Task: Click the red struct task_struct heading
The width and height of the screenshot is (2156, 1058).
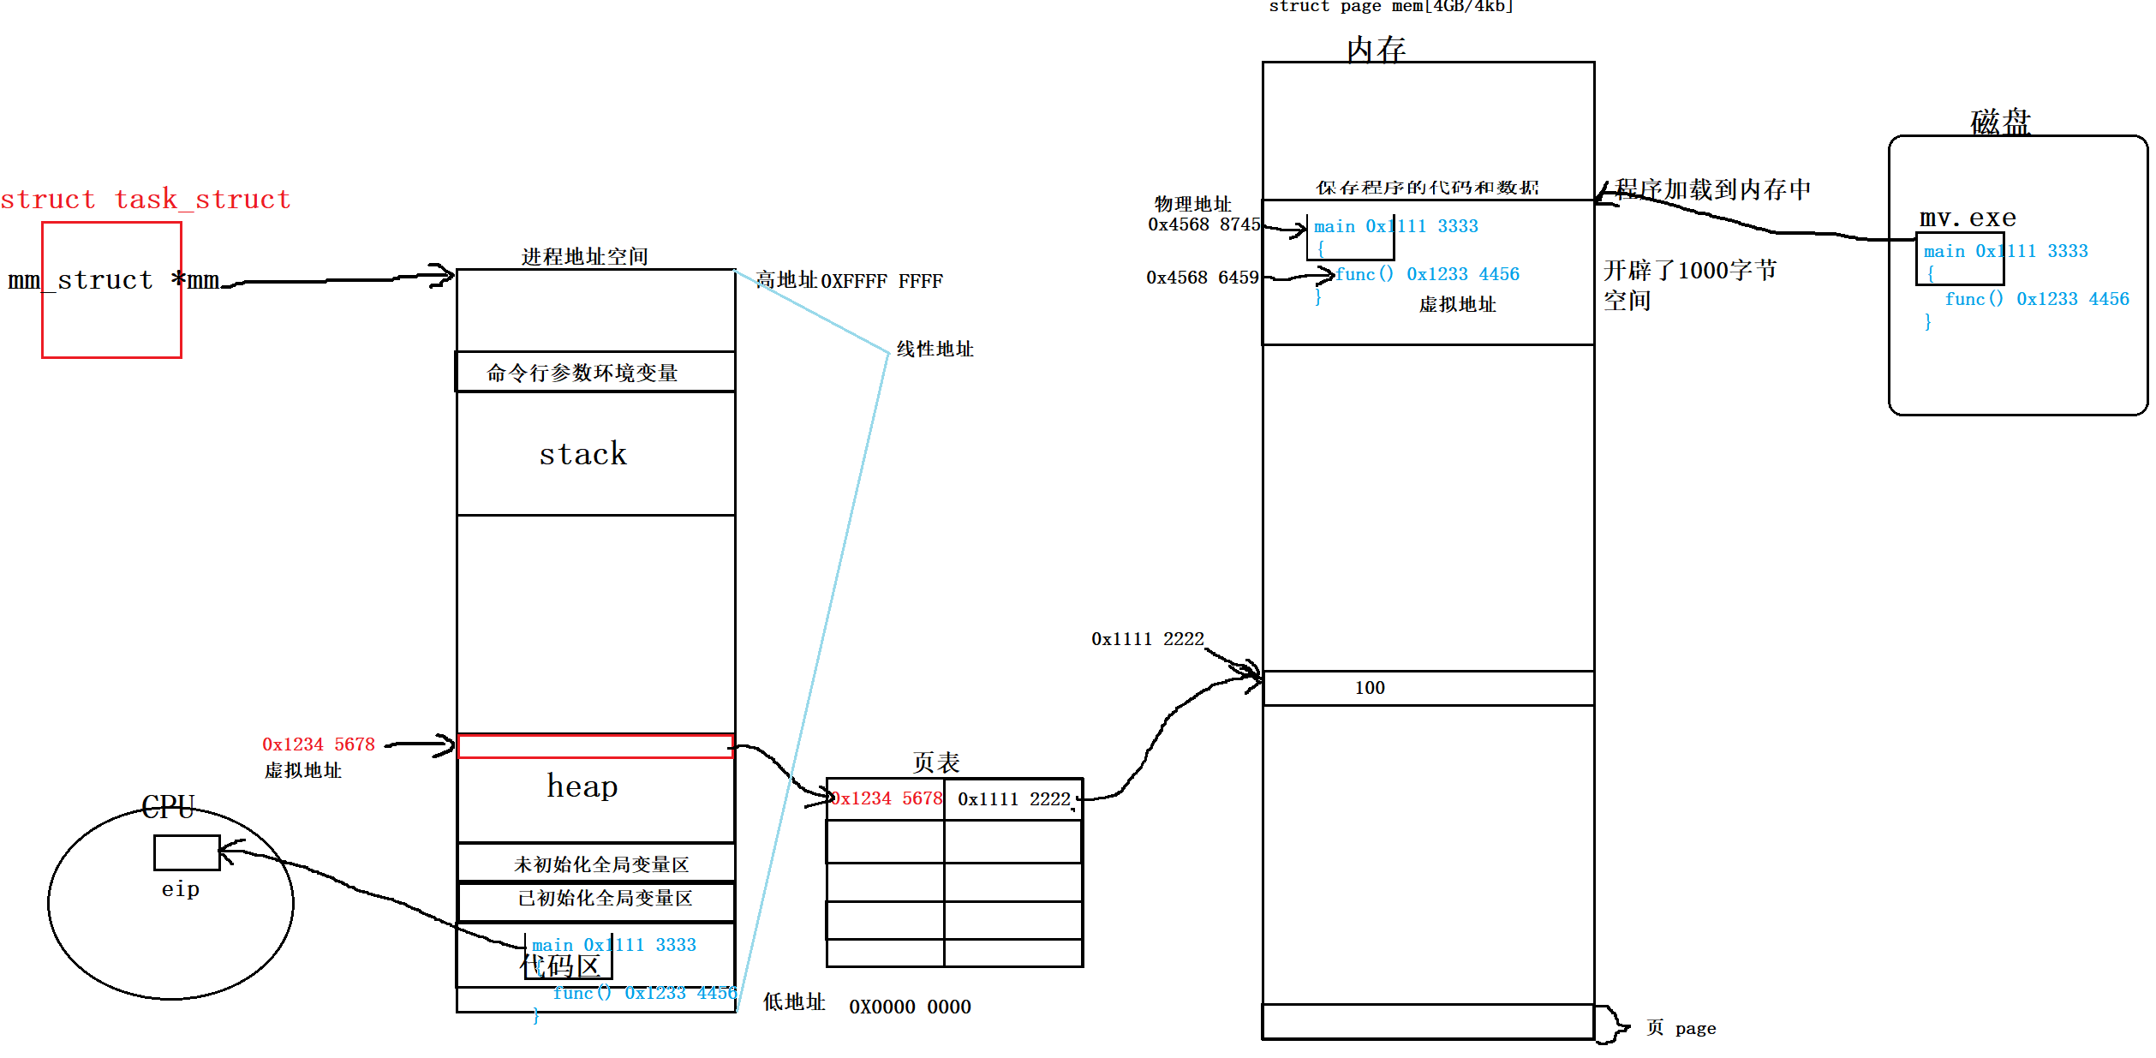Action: (x=146, y=200)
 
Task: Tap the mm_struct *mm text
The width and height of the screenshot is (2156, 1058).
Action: (x=113, y=280)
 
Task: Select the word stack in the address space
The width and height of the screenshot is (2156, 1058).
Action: (x=582, y=454)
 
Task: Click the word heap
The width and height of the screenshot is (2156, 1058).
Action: (x=582, y=786)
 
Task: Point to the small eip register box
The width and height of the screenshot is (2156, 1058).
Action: (x=187, y=852)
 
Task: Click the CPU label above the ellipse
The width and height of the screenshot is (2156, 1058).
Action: (x=168, y=807)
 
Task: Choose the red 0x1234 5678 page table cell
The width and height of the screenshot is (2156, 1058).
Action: (x=887, y=799)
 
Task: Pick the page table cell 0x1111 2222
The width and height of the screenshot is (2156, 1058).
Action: (x=1013, y=799)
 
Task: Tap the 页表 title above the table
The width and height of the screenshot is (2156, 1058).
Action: (x=935, y=762)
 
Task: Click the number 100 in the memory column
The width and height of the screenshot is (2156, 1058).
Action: (x=1370, y=688)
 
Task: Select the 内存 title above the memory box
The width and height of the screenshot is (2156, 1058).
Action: (x=1376, y=49)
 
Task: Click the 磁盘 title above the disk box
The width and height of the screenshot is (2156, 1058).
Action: (x=2000, y=122)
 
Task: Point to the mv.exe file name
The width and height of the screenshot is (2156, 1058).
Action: (x=1968, y=218)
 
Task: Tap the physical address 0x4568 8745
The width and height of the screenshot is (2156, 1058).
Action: (x=1203, y=224)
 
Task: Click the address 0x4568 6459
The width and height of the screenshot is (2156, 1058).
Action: (x=1203, y=278)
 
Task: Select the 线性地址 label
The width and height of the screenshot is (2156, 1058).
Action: (x=935, y=349)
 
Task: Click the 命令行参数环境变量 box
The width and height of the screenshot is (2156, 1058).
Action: (x=582, y=373)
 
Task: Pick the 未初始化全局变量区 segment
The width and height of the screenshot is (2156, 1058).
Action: (x=600, y=864)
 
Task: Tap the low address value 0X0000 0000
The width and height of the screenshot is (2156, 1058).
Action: (x=910, y=1007)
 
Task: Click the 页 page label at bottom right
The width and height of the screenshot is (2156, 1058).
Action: (x=1681, y=1028)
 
